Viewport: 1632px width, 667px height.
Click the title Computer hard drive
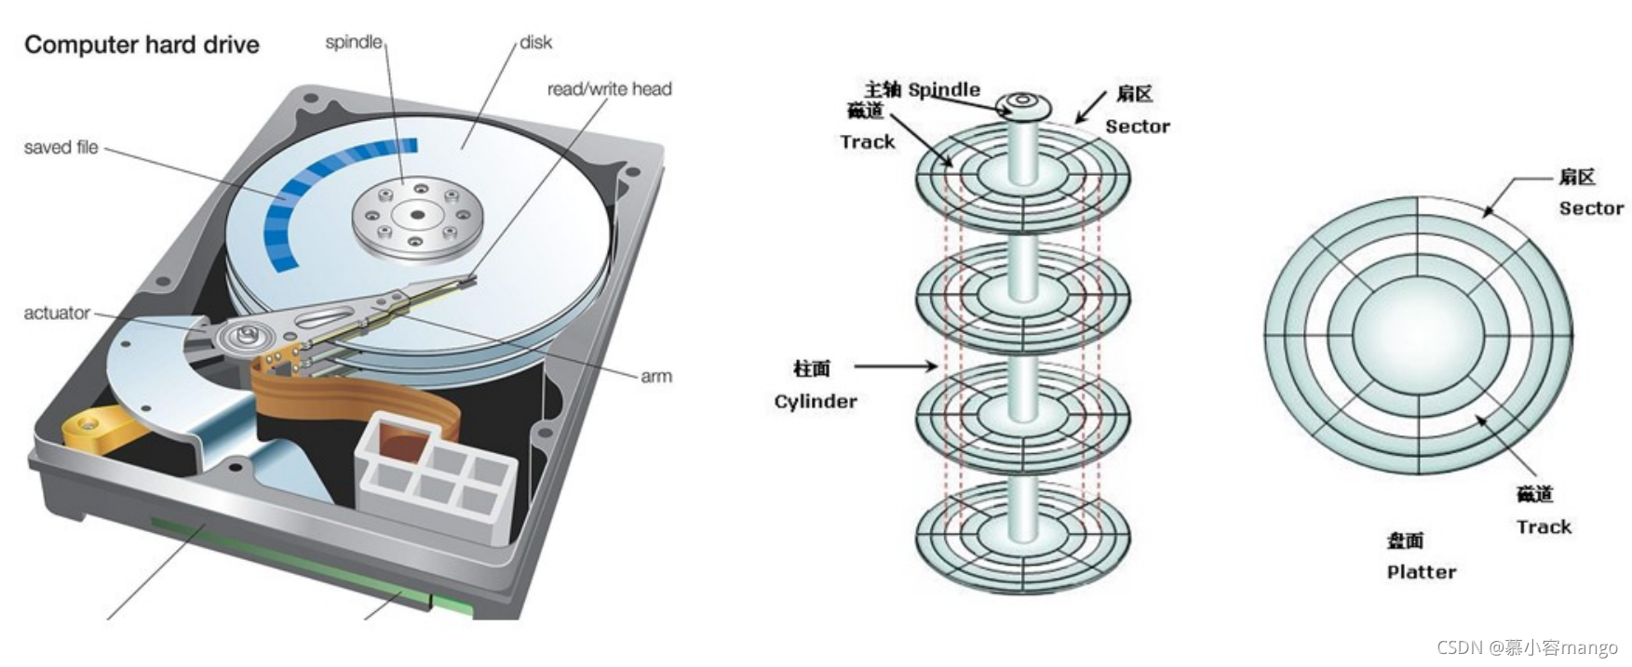point(142,45)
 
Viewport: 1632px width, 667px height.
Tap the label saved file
point(61,147)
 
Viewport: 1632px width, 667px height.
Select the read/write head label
point(609,88)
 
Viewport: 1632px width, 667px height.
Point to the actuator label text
point(57,313)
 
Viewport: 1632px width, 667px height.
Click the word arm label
point(655,376)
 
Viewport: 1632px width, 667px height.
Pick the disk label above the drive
point(535,42)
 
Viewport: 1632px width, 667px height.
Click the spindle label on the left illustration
point(354,42)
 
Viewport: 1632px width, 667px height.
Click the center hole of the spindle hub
point(417,216)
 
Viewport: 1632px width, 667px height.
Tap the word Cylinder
point(816,401)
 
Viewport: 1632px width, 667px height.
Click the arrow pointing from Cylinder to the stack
point(894,367)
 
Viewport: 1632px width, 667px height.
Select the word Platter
point(1421,572)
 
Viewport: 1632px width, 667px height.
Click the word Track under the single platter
point(1544,527)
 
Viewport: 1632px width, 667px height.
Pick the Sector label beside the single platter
point(1591,207)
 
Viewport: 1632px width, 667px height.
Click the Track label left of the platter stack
point(867,141)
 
